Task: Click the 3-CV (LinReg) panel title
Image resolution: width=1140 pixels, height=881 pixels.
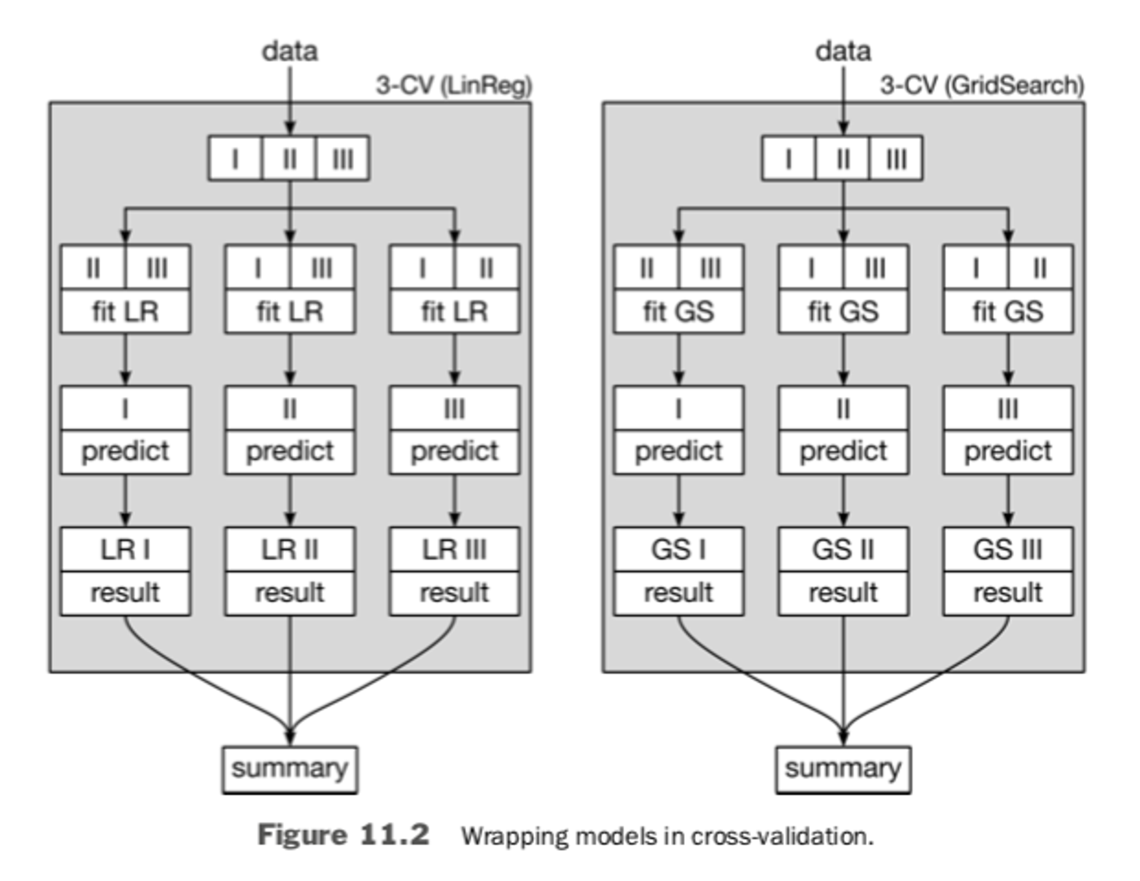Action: pyautogui.click(x=454, y=86)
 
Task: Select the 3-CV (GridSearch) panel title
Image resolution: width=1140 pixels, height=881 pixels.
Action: pyautogui.click(x=981, y=86)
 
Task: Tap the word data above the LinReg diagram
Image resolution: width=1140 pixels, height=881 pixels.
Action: pyautogui.click(x=290, y=51)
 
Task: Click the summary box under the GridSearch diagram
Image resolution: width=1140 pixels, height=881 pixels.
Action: pyautogui.click(x=843, y=769)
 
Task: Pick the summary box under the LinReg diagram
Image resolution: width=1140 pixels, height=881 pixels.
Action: pyautogui.click(x=290, y=769)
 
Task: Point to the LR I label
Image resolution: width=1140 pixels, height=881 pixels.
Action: pyautogui.click(x=125, y=550)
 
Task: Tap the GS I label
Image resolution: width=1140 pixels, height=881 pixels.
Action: pyautogui.click(x=679, y=550)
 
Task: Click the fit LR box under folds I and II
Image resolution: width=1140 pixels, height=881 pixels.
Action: pyautogui.click(x=454, y=311)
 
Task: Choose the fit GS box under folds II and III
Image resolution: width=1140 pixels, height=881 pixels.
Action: pyautogui.click(x=679, y=311)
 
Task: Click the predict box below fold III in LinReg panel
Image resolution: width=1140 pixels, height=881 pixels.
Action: pyautogui.click(x=454, y=451)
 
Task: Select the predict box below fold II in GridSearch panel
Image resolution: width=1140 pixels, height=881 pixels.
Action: pyautogui.click(x=843, y=451)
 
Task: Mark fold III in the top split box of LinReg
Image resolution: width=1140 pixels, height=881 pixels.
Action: pyautogui.click(x=343, y=159)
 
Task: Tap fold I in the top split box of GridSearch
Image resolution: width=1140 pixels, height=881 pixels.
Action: pyautogui.click(x=788, y=159)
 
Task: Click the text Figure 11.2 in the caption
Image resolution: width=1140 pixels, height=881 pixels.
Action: pyautogui.click(x=343, y=835)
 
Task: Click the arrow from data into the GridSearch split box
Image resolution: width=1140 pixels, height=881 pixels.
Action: pyautogui.click(x=843, y=101)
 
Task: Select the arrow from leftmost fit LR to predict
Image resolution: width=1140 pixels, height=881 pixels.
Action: pyautogui.click(x=125, y=359)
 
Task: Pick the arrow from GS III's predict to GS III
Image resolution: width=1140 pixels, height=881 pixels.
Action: pyautogui.click(x=1008, y=500)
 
